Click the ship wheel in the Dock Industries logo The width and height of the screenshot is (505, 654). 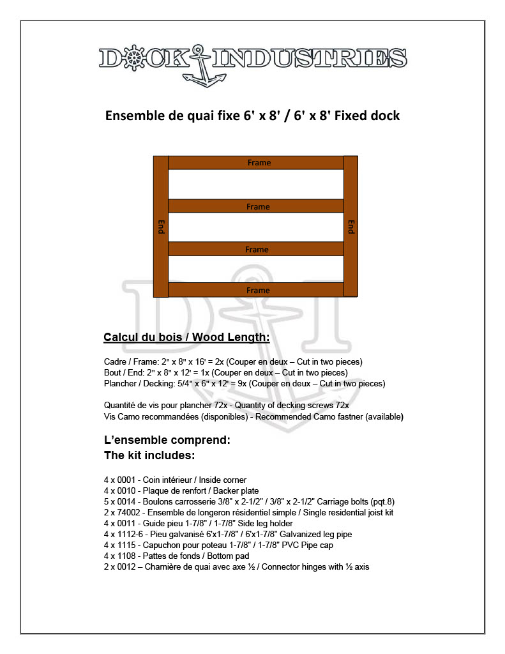coord(133,58)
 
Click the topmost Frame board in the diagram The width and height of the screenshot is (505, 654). coord(258,163)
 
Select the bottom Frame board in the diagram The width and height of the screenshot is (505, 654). coord(258,291)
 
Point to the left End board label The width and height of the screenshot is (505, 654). coord(161,227)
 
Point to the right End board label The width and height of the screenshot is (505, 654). coord(351,227)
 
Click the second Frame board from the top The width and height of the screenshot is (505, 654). coord(258,206)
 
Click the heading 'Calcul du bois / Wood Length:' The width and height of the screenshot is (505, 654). coord(186,337)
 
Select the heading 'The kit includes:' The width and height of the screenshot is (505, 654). coord(149,456)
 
